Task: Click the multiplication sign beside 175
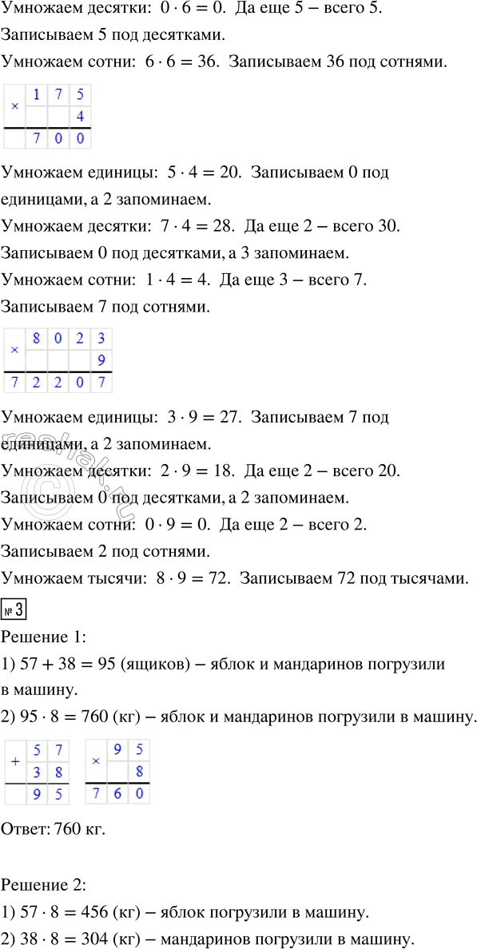click(x=14, y=106)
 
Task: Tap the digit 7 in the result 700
click(x=37, y=139)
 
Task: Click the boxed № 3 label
click(x=14, y=592)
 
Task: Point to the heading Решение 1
click(x=39, y=615)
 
